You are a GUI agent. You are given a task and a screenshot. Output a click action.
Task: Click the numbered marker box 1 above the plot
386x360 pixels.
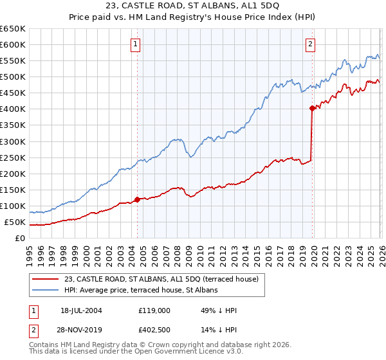tap(136, 44)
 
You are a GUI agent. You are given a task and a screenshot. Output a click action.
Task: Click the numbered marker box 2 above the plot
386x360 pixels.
tap(310, 44)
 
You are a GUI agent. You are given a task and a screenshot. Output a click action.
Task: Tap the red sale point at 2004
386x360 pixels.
tap(137, 199)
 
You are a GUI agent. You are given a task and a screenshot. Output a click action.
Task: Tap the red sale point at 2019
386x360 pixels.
tap(312, 108)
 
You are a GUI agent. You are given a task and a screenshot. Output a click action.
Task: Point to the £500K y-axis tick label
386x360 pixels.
tap(13, 77)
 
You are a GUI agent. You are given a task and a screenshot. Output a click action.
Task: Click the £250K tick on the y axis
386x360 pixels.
tap(13, 157)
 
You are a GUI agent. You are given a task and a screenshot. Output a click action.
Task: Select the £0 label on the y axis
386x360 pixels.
tap(21, 239)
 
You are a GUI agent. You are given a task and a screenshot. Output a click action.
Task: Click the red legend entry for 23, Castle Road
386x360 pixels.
tap(160, 279)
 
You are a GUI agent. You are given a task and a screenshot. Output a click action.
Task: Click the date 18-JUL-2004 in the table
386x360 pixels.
tap(80, 310)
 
